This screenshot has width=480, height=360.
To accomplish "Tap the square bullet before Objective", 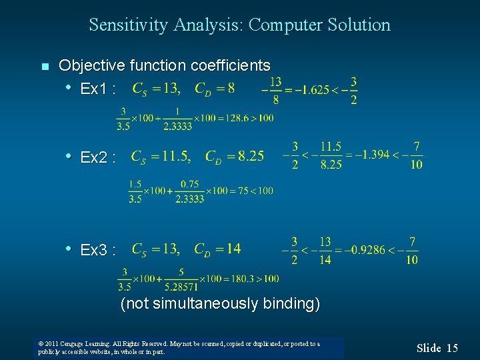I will click(45, 67).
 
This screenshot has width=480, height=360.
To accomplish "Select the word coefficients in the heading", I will click(231, 65).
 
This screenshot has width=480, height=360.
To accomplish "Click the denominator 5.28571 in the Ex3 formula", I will click(181, 287).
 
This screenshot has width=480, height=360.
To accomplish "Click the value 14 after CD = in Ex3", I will click(233, 249).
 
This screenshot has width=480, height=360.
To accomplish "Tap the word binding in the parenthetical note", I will click(289, 304).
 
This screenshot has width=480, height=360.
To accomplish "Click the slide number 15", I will click(452, 347).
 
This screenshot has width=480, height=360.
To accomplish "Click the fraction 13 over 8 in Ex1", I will click(275, 90).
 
